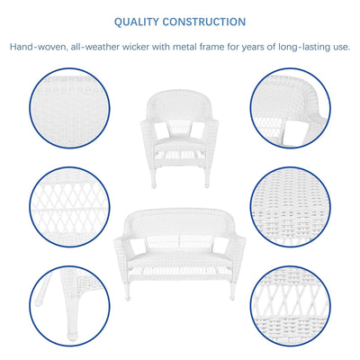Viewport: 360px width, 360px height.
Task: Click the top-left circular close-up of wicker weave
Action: coord(67,108)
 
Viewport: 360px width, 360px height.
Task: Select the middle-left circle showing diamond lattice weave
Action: coord(67,206)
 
